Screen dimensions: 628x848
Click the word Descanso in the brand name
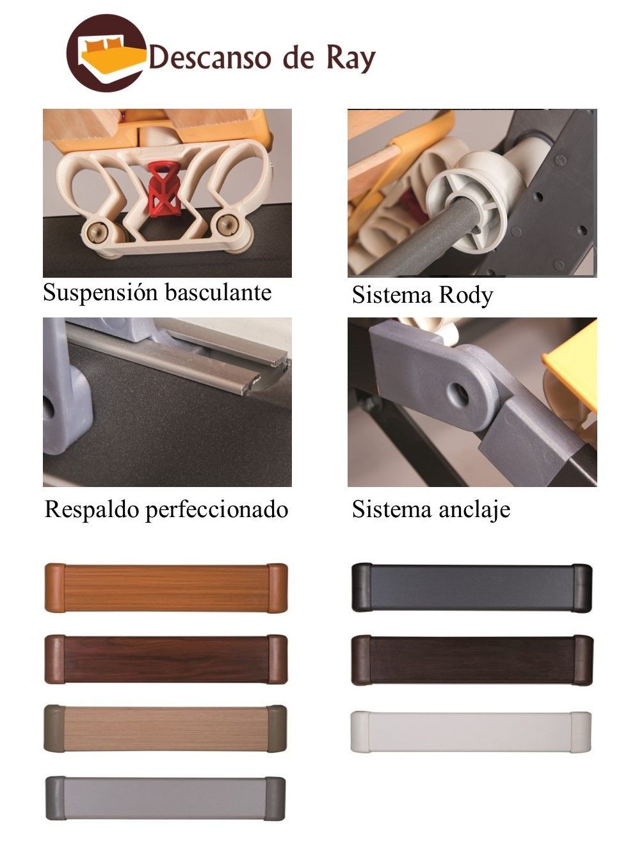[x=209, y=58]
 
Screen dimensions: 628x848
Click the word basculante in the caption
[x=218, y=293]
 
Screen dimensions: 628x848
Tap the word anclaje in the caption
[x=474, y=511]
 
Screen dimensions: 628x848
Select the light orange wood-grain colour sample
[x=166, y=588]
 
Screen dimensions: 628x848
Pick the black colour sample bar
[x=472, y=588]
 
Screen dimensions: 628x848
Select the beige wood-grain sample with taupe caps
[x=165, y=729]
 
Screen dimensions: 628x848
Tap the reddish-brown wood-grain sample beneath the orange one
[x=166, y=659]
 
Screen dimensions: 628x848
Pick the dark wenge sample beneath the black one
[x=472, y=660]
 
